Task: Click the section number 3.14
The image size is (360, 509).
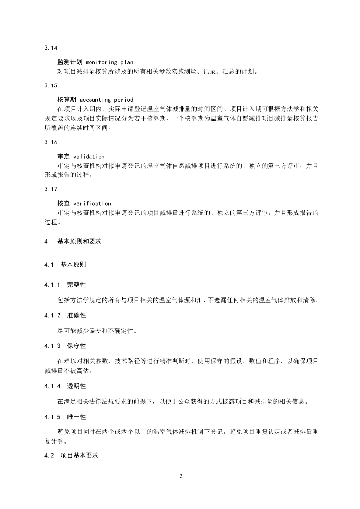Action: click(51, 48)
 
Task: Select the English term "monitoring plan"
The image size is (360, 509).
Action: click(109, 62)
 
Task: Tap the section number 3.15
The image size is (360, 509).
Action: click(51, 85)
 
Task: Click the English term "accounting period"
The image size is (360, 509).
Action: click(106, 100)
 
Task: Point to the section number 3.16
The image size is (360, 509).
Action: click(51, 142)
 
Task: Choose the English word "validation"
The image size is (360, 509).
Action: click(89, 157)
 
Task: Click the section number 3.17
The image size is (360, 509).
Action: click(51, 189)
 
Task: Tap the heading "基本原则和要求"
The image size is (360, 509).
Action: click(78, 242)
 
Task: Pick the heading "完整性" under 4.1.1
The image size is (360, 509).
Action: click(76, 285)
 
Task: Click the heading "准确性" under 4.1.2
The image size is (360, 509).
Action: click(76, 315)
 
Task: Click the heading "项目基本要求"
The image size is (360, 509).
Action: click(79, 456)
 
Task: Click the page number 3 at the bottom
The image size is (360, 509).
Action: click(181, 476)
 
